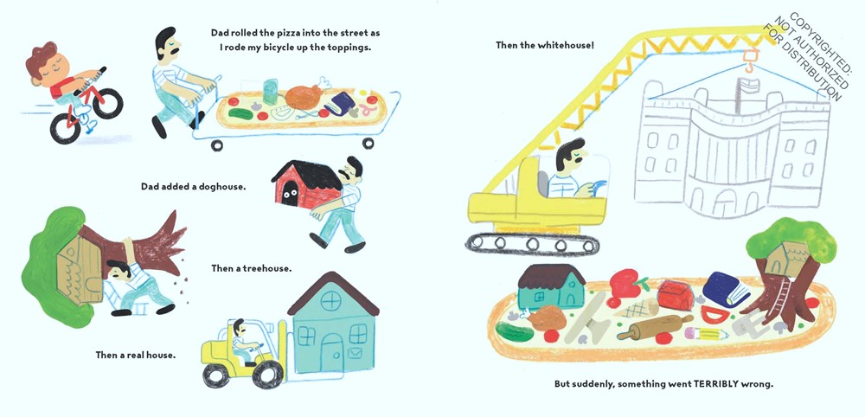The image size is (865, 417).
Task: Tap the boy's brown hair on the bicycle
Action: coord(42,58)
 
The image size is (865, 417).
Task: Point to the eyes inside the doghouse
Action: coord(289,194)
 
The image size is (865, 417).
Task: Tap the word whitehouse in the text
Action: coord(565,45)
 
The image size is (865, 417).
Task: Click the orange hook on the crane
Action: coord(748,60)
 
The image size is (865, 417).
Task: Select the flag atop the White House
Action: coord(746,85)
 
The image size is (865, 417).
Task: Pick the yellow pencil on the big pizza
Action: coord(705,334)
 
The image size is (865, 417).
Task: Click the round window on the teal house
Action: coord(331,301)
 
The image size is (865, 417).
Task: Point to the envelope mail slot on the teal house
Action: coord(356,352)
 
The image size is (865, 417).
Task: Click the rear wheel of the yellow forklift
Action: coord(216,375)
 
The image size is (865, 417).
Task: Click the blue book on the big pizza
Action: coord(726,288)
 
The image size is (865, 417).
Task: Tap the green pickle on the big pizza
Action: coord(515,332)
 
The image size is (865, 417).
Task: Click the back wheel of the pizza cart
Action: coord(217,145)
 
